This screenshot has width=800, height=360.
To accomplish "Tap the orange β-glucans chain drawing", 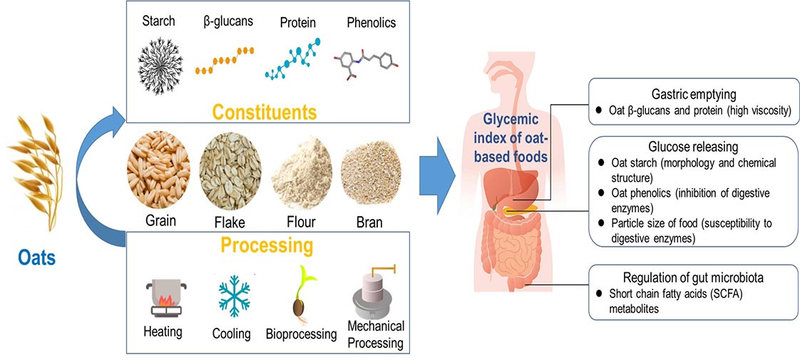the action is click(x=225, y=61).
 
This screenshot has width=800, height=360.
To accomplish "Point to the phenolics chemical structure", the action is click(x=366, y=63).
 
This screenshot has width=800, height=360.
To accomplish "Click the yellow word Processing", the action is click(x=267, y=247).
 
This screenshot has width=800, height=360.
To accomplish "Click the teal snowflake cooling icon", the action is click(x=234, y=297).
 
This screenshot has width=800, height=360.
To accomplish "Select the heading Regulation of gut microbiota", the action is click(x=689, y=278).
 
